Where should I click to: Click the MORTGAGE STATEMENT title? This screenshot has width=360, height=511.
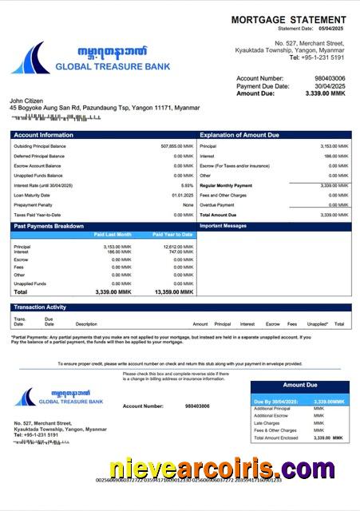[x=288, y=19]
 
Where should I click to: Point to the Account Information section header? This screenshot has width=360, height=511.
[x=43, y=135]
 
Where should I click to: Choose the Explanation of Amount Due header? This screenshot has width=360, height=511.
[x=240, y=135]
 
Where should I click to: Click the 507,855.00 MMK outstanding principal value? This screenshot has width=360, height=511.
[x=177, y=146]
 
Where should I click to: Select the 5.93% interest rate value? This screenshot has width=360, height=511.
[x=188, y=185]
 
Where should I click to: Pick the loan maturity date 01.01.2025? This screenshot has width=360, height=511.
[x=182, y=195]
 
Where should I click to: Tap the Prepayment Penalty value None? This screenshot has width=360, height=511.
[x=188, y=205]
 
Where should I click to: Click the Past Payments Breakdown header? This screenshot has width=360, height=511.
[x=49, y=226]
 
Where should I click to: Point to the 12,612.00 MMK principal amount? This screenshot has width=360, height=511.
[x=178, y=247]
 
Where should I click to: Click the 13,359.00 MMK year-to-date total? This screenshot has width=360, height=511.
[x=175, y=292]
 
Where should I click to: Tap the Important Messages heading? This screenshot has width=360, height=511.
[x=224, y=226]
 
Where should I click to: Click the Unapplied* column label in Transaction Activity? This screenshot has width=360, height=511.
[x=318, y=324]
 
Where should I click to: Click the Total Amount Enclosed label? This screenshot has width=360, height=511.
[x=275, y=438]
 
